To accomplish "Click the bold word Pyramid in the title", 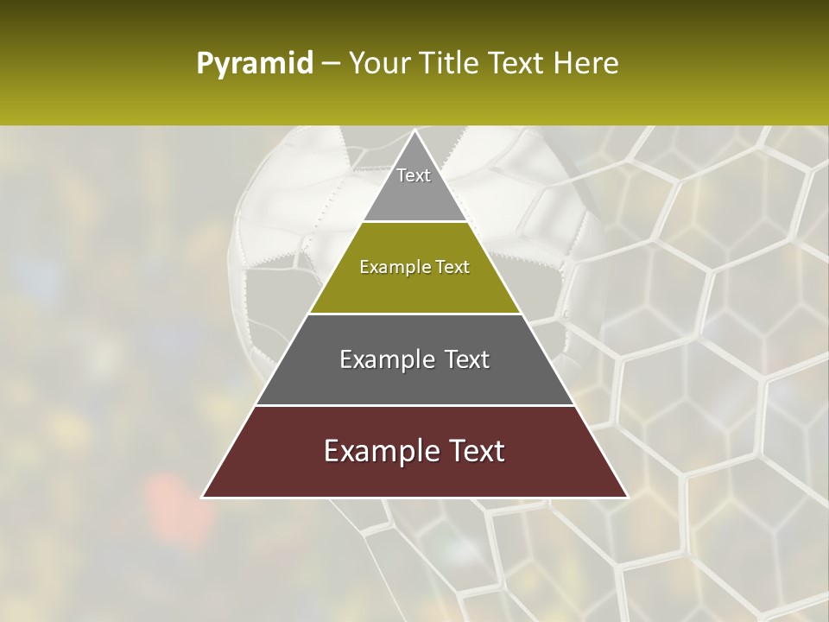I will tap(255, 63).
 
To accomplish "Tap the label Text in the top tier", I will tap(414, 175).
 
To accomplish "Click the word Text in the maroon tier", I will tap(473, 451).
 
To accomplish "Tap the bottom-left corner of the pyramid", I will tap(203, 497).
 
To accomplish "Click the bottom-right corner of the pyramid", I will tap(627, 497).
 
